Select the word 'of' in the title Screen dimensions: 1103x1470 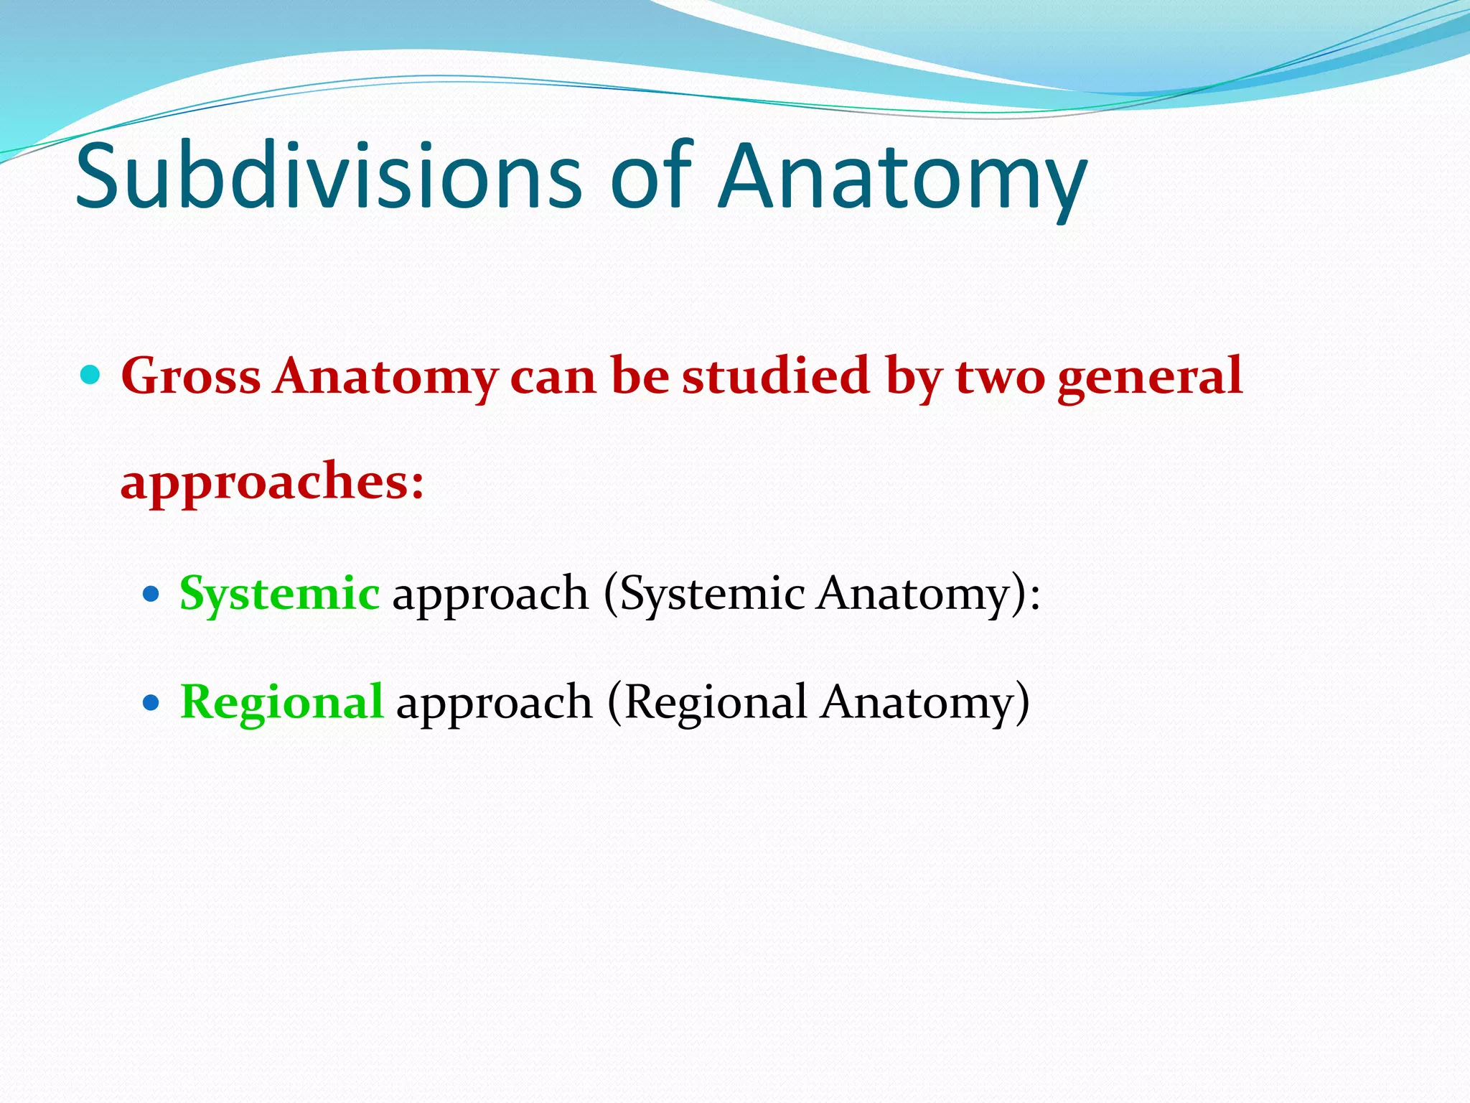click(650, 177)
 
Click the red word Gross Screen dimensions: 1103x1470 click(191, 376)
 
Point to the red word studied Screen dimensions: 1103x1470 click(776, 376)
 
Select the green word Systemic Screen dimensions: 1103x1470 click(279, 595)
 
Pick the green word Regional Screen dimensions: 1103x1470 click(281, 702)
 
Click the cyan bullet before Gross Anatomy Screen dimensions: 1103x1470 click(90, 374)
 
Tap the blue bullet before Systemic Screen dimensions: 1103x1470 click(150, 594)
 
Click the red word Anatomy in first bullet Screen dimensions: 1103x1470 click(385, 378)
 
